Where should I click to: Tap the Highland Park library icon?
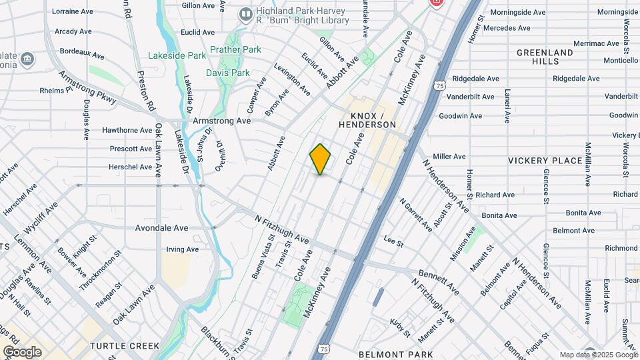coord(246,13)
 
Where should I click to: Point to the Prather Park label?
coord(235,49)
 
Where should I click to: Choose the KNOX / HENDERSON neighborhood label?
coord(367,119)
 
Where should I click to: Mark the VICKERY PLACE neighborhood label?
coord(545,161)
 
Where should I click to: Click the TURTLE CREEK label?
coord(125,346)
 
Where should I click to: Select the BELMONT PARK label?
coord(396,354)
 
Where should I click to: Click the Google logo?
coord(22,351)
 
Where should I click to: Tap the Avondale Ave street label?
coord(163,227)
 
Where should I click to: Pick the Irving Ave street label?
coord(183,249)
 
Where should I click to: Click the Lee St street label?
coord(393,240)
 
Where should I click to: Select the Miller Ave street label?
coord(449,157)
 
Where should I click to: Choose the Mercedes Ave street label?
coord(507,28)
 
